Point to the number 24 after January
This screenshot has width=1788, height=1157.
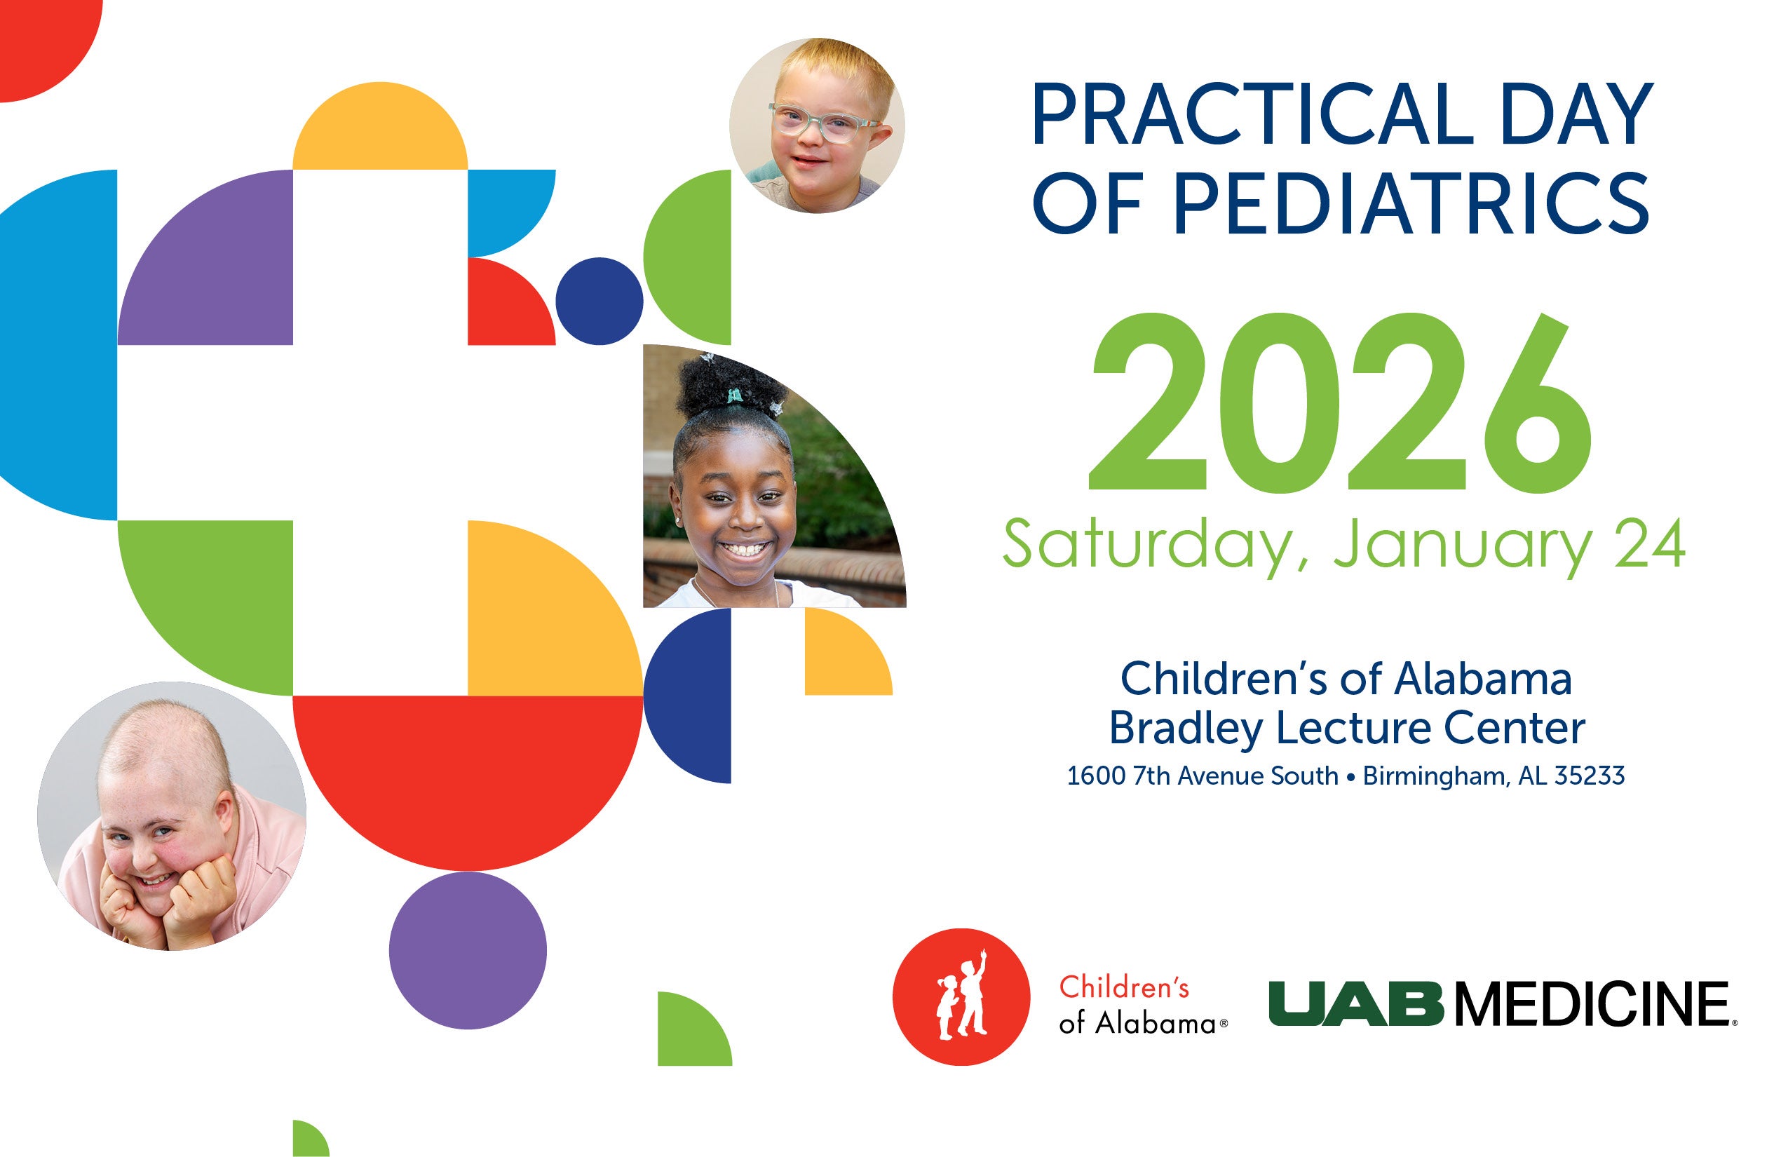[x=1650, y=545]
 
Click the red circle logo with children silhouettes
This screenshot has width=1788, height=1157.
[x=961, y=997]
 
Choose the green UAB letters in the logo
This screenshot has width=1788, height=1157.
[x=1356, y=1003]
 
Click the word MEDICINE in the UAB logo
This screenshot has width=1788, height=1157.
[x=1593, y=1003]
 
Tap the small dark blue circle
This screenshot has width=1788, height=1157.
[x=600, y=302]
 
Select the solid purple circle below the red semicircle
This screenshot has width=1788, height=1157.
[x=468, y=950]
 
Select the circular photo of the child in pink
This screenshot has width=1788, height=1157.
[x=172, y=816]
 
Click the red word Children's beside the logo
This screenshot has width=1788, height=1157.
[x=1124, y=987]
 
